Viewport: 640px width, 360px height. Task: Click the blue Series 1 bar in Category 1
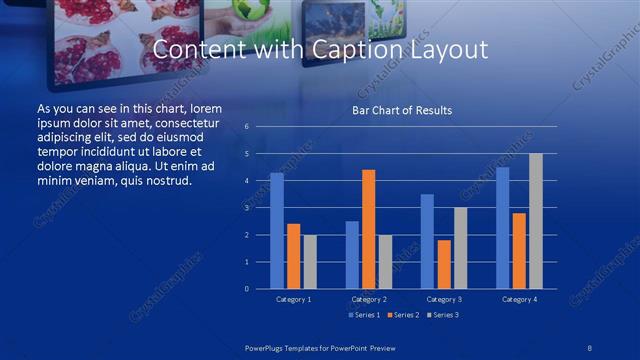(277, 231)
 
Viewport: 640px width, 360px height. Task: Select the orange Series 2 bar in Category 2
(369, 229)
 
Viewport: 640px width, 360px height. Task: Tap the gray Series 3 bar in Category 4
(536, 221)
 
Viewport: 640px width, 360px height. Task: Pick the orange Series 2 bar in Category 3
(444, 264)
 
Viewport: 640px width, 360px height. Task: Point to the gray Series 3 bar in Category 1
(310, 262)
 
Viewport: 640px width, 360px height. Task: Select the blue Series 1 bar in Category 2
(352, 255)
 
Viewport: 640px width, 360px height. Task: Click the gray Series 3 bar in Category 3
(460, 248)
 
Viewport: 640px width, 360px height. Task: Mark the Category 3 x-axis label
(443, 299)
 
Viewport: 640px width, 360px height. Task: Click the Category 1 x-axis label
(293, 299)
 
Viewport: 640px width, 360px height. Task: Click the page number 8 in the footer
(590, 345)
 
